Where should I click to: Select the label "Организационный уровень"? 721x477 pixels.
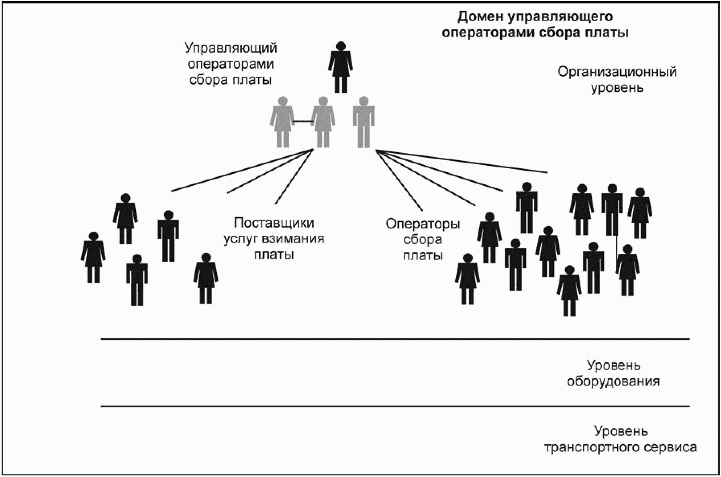coord(617,79)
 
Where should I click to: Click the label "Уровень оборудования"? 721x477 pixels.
coord(613,373)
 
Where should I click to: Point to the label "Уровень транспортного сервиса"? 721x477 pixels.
coord(621,439)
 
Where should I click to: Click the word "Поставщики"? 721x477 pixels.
coord(274,223)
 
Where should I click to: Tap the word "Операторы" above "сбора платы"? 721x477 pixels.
coord(423,224)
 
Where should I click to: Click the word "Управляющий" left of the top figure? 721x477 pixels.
coord(231,48)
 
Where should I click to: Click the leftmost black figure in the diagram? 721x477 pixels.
coord(93,257)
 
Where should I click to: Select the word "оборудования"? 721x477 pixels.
coord(613,381)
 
